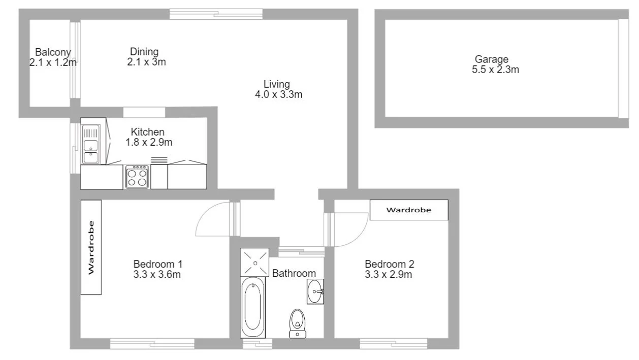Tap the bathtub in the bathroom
pos(252,307)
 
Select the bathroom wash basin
pos(315,291)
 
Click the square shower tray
pos(254,263)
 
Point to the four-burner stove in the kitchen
pos(137,177)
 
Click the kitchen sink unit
pos(91,145)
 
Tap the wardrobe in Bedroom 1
pos(91,247)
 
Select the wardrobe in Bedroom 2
pos(409,210)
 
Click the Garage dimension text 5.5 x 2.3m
pos(495,70)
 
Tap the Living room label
pos(276,84)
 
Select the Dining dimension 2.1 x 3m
pos(147,62)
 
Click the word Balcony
pos(53,52)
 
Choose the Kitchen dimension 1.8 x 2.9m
pos(149,143)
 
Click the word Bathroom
pos(294,274)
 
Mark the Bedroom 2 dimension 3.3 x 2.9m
pos(389,275)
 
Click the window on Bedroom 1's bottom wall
pos(152,344)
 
